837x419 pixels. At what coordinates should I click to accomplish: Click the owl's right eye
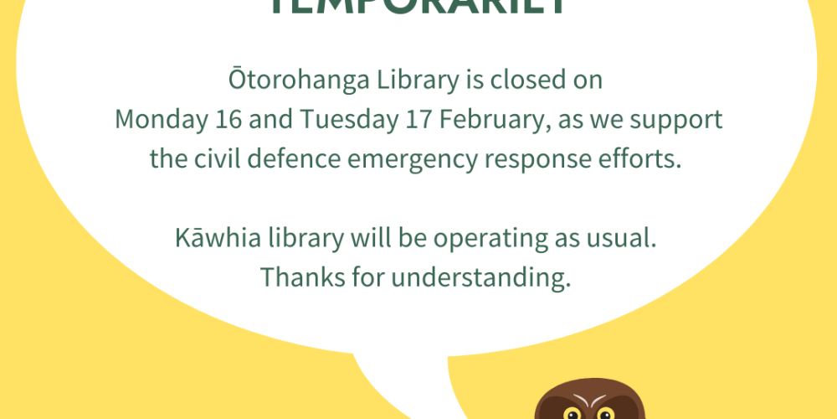click(x=605, y=413)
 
